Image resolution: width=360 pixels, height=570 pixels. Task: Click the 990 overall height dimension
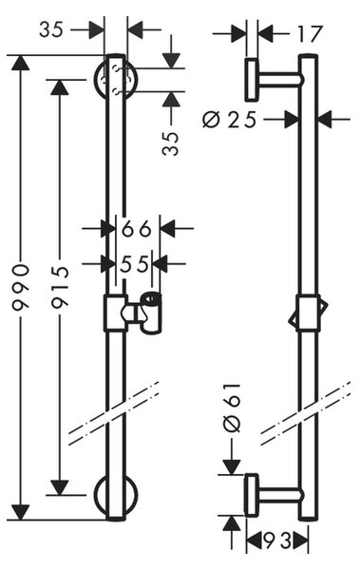(x=20, y=288)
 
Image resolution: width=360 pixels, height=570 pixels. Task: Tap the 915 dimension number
(x=59, y=288)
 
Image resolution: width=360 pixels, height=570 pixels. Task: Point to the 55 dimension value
(x=135, y=264)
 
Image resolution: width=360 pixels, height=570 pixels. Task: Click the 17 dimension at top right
(x=310, y=34)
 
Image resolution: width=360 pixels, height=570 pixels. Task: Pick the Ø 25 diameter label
(x=230, y=120)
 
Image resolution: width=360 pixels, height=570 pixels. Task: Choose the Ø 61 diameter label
(x=232, y=408)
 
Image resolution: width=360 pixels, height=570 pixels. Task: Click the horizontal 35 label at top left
(x=51, y=29)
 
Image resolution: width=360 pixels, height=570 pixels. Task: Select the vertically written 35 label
(x=171, y=143)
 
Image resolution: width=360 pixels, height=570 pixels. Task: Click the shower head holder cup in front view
(x=151, y=313)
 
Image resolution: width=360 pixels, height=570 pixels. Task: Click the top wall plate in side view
(x=252, y=79)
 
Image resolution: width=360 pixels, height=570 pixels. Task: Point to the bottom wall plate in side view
(x=252, y=495)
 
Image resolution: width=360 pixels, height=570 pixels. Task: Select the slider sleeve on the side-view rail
(x=308, y=313)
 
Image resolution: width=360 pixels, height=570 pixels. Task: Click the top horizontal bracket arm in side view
(x=279, y=80)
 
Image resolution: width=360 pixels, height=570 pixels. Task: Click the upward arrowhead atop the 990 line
(x=20, y=64)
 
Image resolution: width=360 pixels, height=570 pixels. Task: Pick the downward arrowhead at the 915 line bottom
(x=59, y=487)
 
